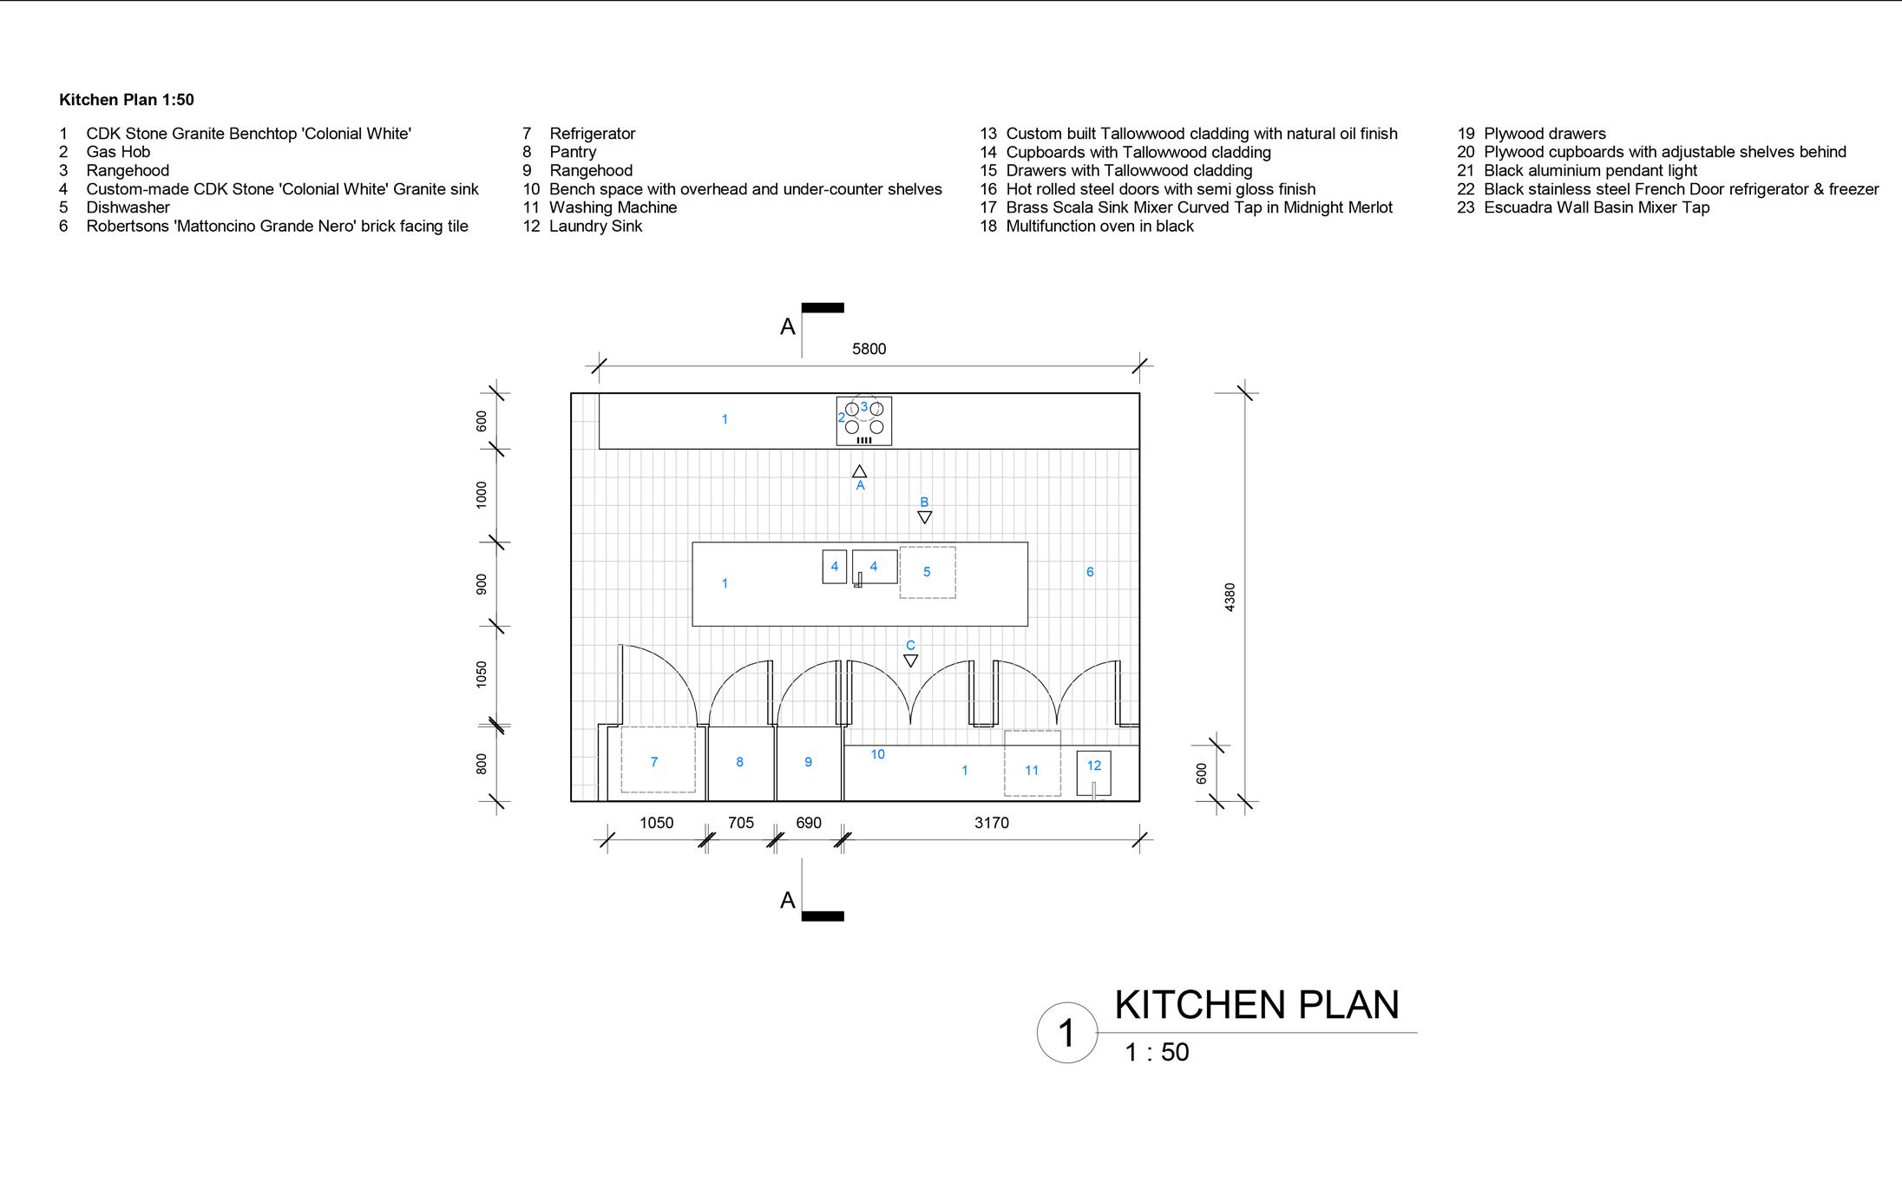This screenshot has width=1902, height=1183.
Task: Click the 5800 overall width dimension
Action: click(869, 349)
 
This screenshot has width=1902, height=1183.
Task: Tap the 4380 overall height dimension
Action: click(1230, 597)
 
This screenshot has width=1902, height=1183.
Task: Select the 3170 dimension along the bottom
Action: click(991, 823)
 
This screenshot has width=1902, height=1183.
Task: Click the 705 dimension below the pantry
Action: click(740, 823)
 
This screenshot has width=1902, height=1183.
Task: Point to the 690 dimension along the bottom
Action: click(808, 823)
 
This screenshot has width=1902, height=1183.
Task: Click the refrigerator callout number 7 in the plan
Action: click(654, 762)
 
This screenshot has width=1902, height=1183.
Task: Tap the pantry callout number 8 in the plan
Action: click(739, 762)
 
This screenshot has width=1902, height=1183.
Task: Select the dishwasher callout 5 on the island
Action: click(927, 572)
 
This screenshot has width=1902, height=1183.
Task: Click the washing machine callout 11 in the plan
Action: click(1032, 770)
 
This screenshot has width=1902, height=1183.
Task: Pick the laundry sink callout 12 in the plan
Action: click(1093, 766)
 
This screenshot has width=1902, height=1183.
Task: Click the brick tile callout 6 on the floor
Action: click(1090, 572)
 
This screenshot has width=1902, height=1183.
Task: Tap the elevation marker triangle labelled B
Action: click(925, 517)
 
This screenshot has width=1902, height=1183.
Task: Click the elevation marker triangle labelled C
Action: click(910, 661)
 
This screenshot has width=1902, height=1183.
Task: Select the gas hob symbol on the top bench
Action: click(864, 421)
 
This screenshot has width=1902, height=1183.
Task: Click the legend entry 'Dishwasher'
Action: click(128, 207)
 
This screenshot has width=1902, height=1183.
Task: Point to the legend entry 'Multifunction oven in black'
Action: click(1099, 227)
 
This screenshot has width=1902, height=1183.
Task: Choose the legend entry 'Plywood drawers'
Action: click(1545, 134)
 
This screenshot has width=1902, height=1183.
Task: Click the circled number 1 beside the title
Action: click(1066, 1033)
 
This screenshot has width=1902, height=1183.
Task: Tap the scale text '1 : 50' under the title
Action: click(1157, 1053)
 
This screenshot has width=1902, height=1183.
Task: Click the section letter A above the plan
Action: click(788, 327)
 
